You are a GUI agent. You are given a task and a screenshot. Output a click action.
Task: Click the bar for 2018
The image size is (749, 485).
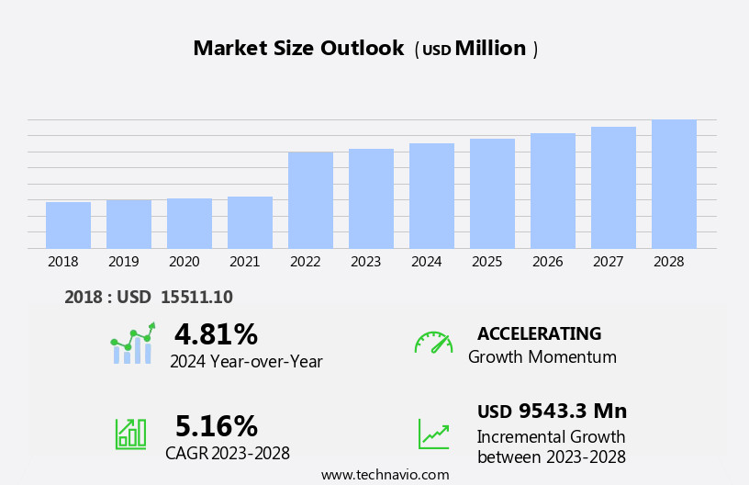(x=68, y=225)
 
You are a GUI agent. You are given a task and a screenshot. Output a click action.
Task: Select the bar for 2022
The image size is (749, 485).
(x=310, y=200)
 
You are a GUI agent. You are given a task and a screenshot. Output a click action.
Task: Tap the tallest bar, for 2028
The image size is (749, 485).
(x=674, y=184)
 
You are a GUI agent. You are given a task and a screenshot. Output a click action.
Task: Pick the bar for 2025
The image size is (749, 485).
(x=492, y=194)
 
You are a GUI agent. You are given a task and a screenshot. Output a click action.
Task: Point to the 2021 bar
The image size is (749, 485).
(x=250, y=222)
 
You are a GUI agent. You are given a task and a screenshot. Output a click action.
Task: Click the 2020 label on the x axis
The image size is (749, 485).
(x=184, y=262)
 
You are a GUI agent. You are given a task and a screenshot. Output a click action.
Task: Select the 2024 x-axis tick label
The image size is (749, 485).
(x=426, y=262)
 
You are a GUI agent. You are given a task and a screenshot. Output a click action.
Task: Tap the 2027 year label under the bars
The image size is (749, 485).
(x=608, y=262)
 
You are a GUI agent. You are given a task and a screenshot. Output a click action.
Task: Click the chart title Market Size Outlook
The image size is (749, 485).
(x=298, y=49)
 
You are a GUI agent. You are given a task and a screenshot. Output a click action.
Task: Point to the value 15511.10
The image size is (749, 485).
(x=196, y=297)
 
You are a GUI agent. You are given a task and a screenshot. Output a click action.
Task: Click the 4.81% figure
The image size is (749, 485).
(x=216, y=334)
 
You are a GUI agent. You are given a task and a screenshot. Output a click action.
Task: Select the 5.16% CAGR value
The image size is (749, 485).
(x=216, y=426)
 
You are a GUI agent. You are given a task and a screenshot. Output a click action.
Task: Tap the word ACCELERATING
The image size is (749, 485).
(x=539, y=333)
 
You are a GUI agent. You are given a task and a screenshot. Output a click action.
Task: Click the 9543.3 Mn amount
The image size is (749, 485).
(x=572, y=411)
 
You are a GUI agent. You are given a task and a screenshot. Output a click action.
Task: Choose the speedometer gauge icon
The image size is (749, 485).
(x=433, y=344)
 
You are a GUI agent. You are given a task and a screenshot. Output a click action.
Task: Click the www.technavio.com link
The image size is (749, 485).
(x=385, y=475)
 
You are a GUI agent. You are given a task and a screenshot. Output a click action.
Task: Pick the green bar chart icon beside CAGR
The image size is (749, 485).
(x=130, y=433)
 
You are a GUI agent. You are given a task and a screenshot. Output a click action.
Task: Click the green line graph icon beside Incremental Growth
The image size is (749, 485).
(x=433, y=434)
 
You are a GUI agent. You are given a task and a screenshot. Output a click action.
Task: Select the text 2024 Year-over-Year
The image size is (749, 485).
(x=246, y=362)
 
